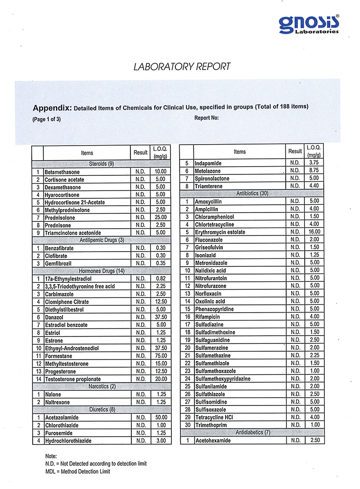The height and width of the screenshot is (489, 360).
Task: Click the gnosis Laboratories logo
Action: tap(308, 24)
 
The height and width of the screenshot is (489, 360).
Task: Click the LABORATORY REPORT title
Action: tap(182, 67)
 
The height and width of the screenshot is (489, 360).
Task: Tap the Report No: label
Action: tap(207, 118)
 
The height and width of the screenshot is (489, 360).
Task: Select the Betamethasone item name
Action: tap(62, 172)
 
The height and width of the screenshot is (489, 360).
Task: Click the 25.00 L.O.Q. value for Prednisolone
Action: tap(161, 218)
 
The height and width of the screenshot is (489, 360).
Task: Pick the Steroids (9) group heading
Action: tap(102, 164)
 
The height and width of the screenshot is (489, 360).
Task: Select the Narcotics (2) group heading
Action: tap(102, 386)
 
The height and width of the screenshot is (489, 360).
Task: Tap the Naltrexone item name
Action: tap(57, 402)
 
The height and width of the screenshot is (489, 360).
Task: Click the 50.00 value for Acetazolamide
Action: tap(161, 418)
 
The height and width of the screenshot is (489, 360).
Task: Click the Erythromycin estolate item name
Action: tap(220, 232)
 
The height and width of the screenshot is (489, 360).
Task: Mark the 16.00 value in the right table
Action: tap(314, 232)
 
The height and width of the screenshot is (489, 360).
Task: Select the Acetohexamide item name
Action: tap(213, 441)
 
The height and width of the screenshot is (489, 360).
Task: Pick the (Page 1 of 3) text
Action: tap(47, 118)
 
